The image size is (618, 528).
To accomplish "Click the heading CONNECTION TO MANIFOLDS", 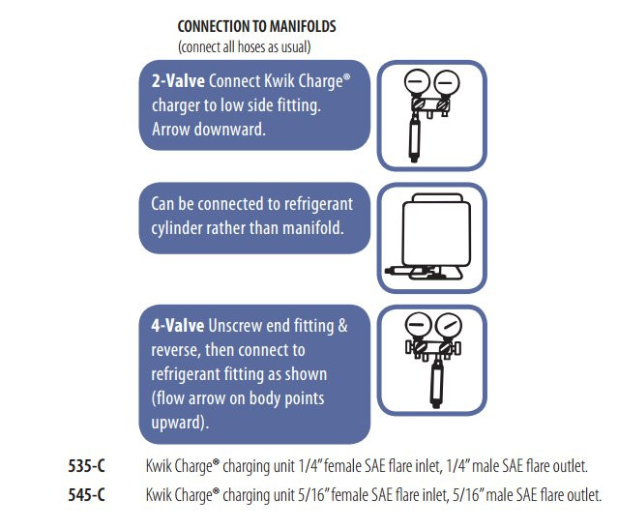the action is tap(256, 26).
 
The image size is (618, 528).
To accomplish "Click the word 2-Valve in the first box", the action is tap(178, 81).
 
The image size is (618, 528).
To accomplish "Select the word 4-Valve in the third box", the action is tap(178, 326).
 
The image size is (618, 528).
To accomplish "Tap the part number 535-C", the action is tap(87, 466).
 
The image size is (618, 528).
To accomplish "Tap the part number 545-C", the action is tap(87, 494).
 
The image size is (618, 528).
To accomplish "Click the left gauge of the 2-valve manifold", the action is tap(417, 82).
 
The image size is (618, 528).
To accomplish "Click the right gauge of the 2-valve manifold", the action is tap(447, 83).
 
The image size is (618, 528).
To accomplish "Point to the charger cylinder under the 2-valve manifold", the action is tap(414, 138).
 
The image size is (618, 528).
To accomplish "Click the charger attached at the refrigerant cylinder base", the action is tap(410, 271).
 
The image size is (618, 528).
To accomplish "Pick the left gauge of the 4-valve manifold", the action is tap(419, 325).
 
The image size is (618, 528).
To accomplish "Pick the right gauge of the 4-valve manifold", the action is tap(449, 326).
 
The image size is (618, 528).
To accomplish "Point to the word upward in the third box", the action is tap(179, 423).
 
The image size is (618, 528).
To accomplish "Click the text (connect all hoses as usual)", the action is tap(245, 46).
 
